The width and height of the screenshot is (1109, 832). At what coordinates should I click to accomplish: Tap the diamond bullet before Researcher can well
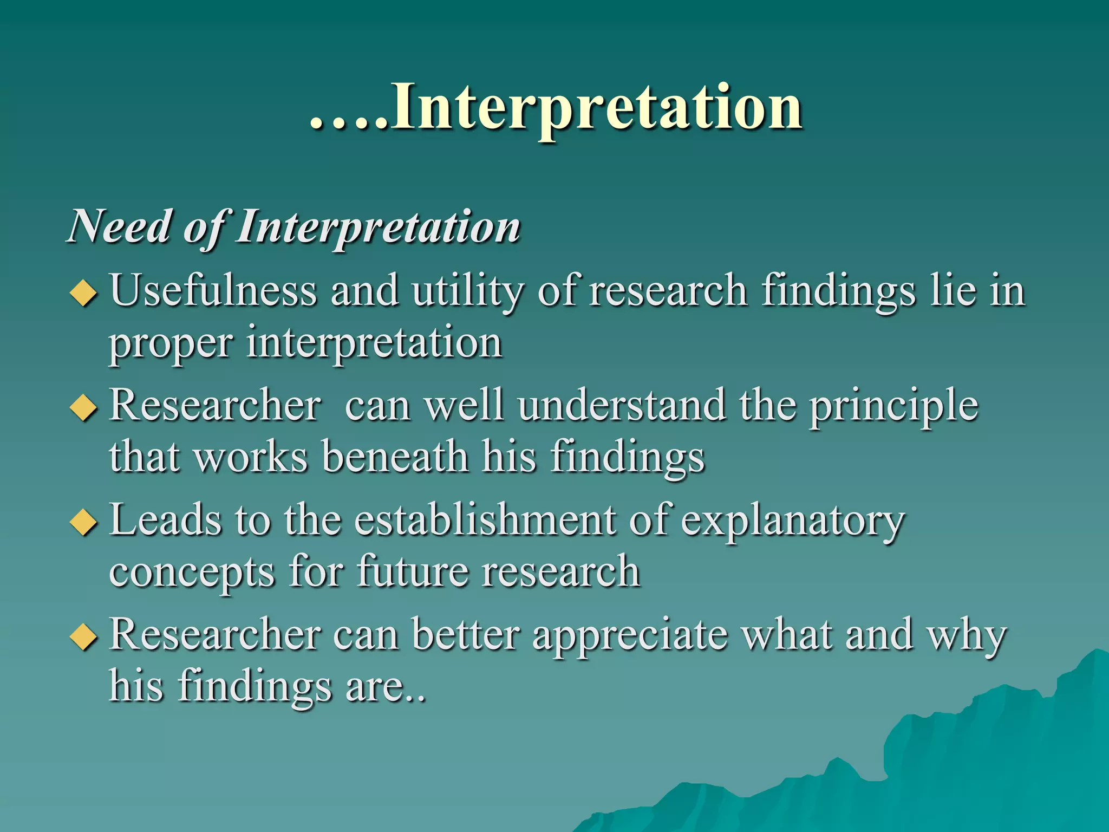[x=84, y=407]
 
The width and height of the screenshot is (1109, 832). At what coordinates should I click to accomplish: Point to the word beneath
[x=395, y=456]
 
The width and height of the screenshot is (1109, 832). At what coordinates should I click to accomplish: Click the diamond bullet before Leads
[x=84, y=522]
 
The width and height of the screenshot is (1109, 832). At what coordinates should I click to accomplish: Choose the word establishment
[x=485, y=520]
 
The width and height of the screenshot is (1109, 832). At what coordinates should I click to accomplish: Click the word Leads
[x=165, y=520]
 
